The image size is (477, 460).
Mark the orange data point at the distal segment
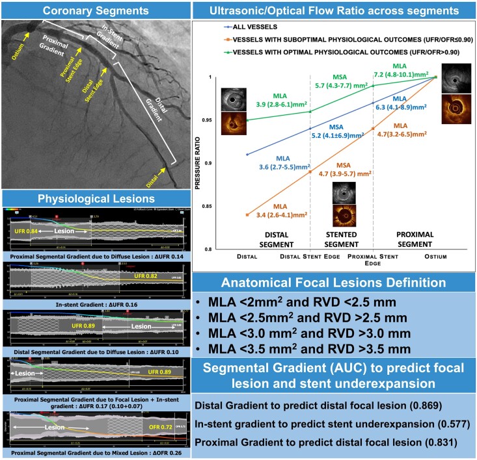point(247,214)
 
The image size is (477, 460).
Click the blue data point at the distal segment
point(247,154)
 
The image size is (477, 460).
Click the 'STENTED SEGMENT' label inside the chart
point(341,237)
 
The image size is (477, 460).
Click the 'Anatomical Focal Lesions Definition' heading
point(334,283)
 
